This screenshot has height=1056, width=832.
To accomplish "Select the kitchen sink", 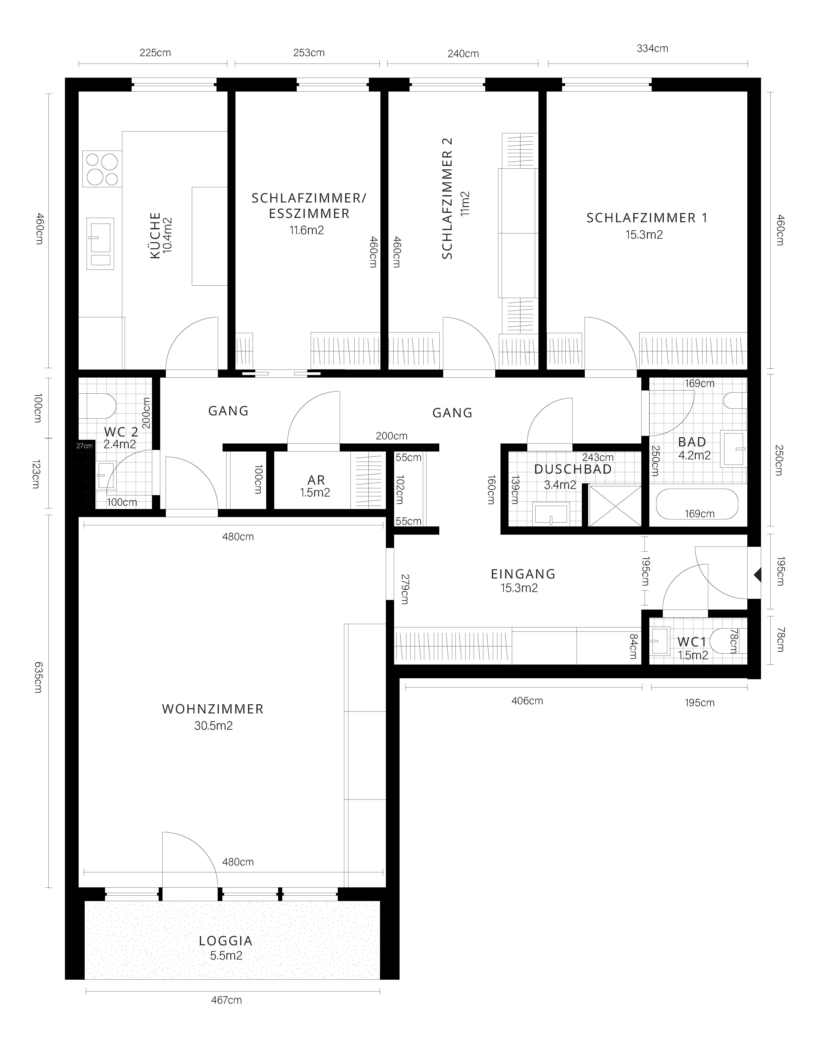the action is coord(100,244).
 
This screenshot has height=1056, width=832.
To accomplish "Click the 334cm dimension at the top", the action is coord(652,48).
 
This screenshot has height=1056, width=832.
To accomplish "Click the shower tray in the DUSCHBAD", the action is coord(615,506).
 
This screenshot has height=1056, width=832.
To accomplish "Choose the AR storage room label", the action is coord(316,480).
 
